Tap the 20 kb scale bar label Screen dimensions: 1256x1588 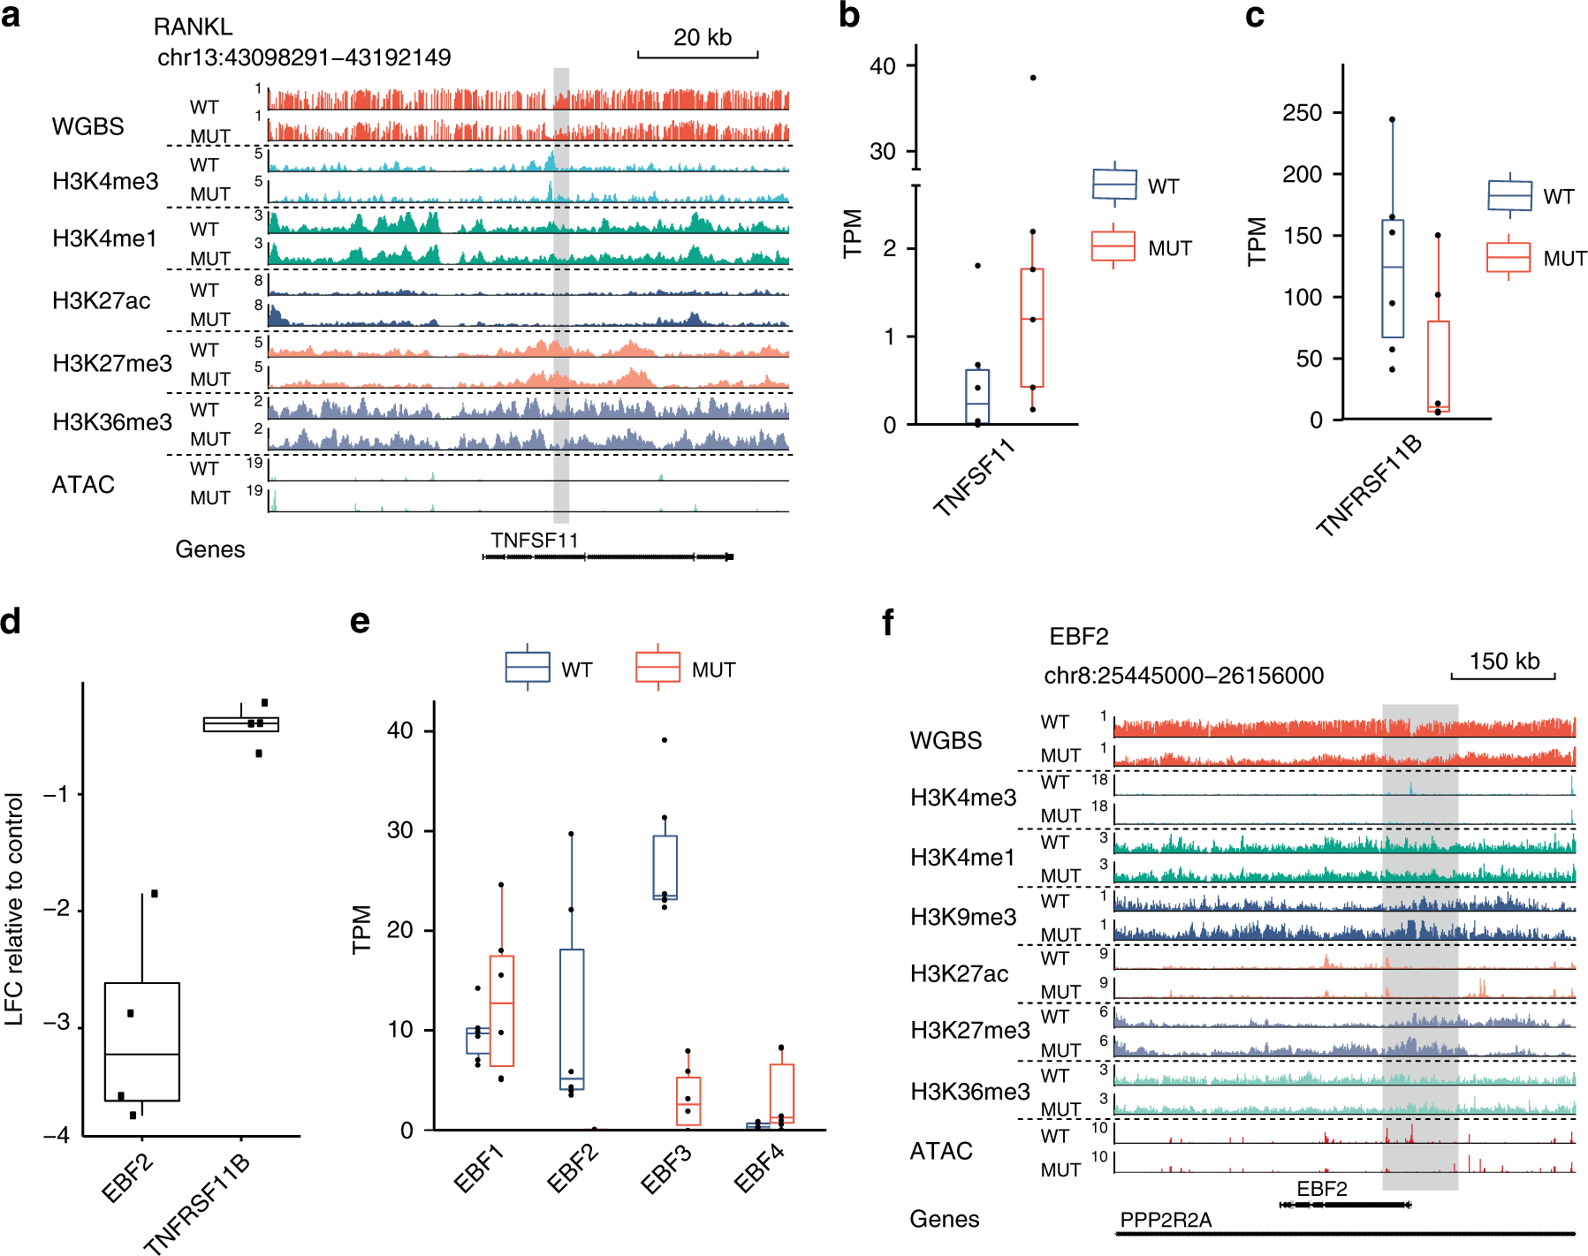click(x=702, y=38)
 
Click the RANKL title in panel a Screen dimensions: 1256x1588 click(x=193, y=27)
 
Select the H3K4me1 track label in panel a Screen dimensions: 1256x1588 click(x=104, y=238)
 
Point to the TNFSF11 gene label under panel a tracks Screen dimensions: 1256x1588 click(x=535, y=541)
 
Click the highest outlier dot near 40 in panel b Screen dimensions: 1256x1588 click(x=1032, y=78)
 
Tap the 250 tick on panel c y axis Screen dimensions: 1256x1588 click(x=1302, y=113)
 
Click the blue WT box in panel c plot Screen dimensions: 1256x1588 click(x=1393, y=278)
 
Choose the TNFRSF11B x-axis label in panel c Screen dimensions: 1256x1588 click(x=1369, y=486)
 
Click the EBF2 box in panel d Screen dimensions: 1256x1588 click(x=142, y=1042)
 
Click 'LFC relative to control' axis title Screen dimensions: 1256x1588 click(x=14, y=910)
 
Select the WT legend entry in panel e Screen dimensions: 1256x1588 click(x=549, y=669)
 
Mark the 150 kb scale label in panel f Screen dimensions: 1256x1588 click(x=1504, y=662)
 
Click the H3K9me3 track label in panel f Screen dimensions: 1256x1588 click(x=963, y=917)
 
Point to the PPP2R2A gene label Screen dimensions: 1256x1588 click(x=1166, y=1220)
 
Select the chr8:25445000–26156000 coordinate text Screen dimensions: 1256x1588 click(x=1183, y=676)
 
